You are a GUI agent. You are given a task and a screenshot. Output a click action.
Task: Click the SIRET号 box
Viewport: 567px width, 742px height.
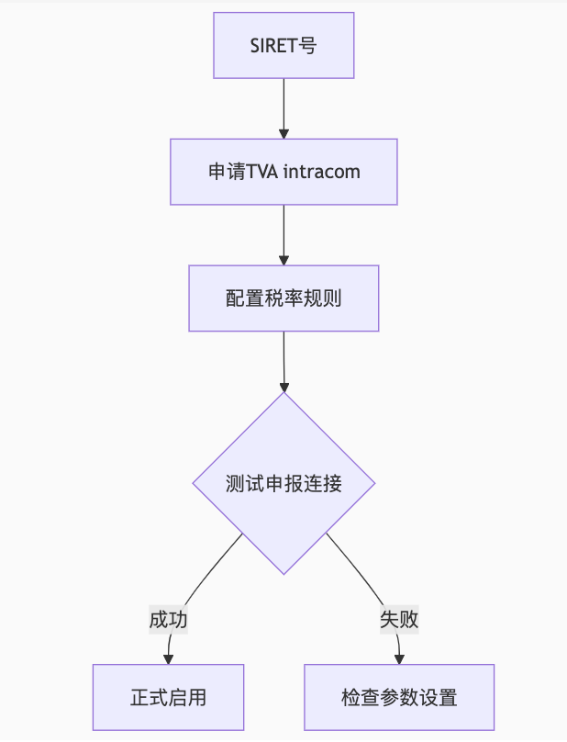283,45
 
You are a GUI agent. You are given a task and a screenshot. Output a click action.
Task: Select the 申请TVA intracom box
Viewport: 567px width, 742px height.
283,172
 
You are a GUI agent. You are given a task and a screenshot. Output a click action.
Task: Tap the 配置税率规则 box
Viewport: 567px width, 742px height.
283,298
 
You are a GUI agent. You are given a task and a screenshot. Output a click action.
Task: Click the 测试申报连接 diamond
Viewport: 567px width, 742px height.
283,483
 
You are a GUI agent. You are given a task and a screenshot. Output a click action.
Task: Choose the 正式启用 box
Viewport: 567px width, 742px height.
168,697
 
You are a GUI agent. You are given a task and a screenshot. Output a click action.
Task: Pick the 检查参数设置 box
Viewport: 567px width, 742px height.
399,697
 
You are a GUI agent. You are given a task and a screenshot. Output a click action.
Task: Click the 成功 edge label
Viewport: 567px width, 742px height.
169,620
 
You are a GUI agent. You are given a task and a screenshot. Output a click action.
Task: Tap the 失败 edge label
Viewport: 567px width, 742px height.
399,620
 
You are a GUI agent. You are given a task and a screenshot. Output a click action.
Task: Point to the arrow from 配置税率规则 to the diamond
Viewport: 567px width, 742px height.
283,360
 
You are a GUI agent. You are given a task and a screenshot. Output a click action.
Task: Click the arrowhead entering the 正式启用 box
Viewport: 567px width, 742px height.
168,658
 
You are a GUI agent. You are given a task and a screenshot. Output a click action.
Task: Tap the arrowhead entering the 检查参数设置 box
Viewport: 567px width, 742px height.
399,658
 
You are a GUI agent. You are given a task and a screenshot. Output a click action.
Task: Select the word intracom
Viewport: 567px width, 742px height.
322,172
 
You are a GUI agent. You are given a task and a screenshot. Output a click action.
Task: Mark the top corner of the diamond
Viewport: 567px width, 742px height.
283,394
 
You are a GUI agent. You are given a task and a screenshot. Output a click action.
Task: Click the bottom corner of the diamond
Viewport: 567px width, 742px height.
283,573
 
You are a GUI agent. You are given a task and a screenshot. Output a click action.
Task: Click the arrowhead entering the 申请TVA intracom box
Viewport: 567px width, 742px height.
283,133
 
